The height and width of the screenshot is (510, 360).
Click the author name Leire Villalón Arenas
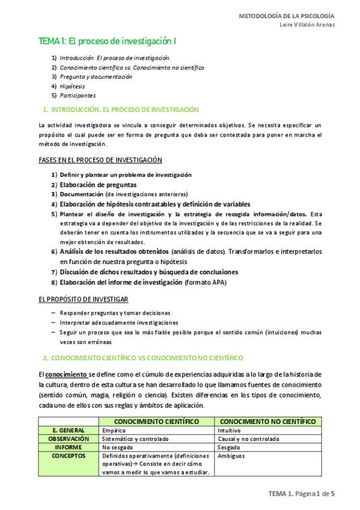(307, 25)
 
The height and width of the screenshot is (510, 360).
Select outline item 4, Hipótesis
(72, 86)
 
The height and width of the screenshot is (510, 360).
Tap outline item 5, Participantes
(78, 96)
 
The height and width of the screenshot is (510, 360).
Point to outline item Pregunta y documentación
(96, 77)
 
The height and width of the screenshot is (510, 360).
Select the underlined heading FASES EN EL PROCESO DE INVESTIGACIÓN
(100, 160)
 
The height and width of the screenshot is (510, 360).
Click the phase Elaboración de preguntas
(98, 185)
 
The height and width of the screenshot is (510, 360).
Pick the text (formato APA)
(206, 282)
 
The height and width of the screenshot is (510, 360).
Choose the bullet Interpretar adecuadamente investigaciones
(119, 322)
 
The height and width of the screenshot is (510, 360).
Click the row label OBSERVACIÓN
(68, 439)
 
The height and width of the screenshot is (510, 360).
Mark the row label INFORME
(68, 447)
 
